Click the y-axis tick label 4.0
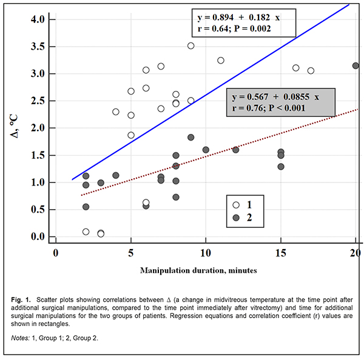38,19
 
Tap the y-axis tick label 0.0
38,236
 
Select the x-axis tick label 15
280,252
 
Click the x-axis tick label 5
130,252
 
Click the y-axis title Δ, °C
16,127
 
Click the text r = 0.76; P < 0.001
268,108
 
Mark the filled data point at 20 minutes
356,65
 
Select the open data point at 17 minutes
311,71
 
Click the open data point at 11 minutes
220,61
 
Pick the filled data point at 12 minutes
235,150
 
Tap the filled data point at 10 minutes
206,150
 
